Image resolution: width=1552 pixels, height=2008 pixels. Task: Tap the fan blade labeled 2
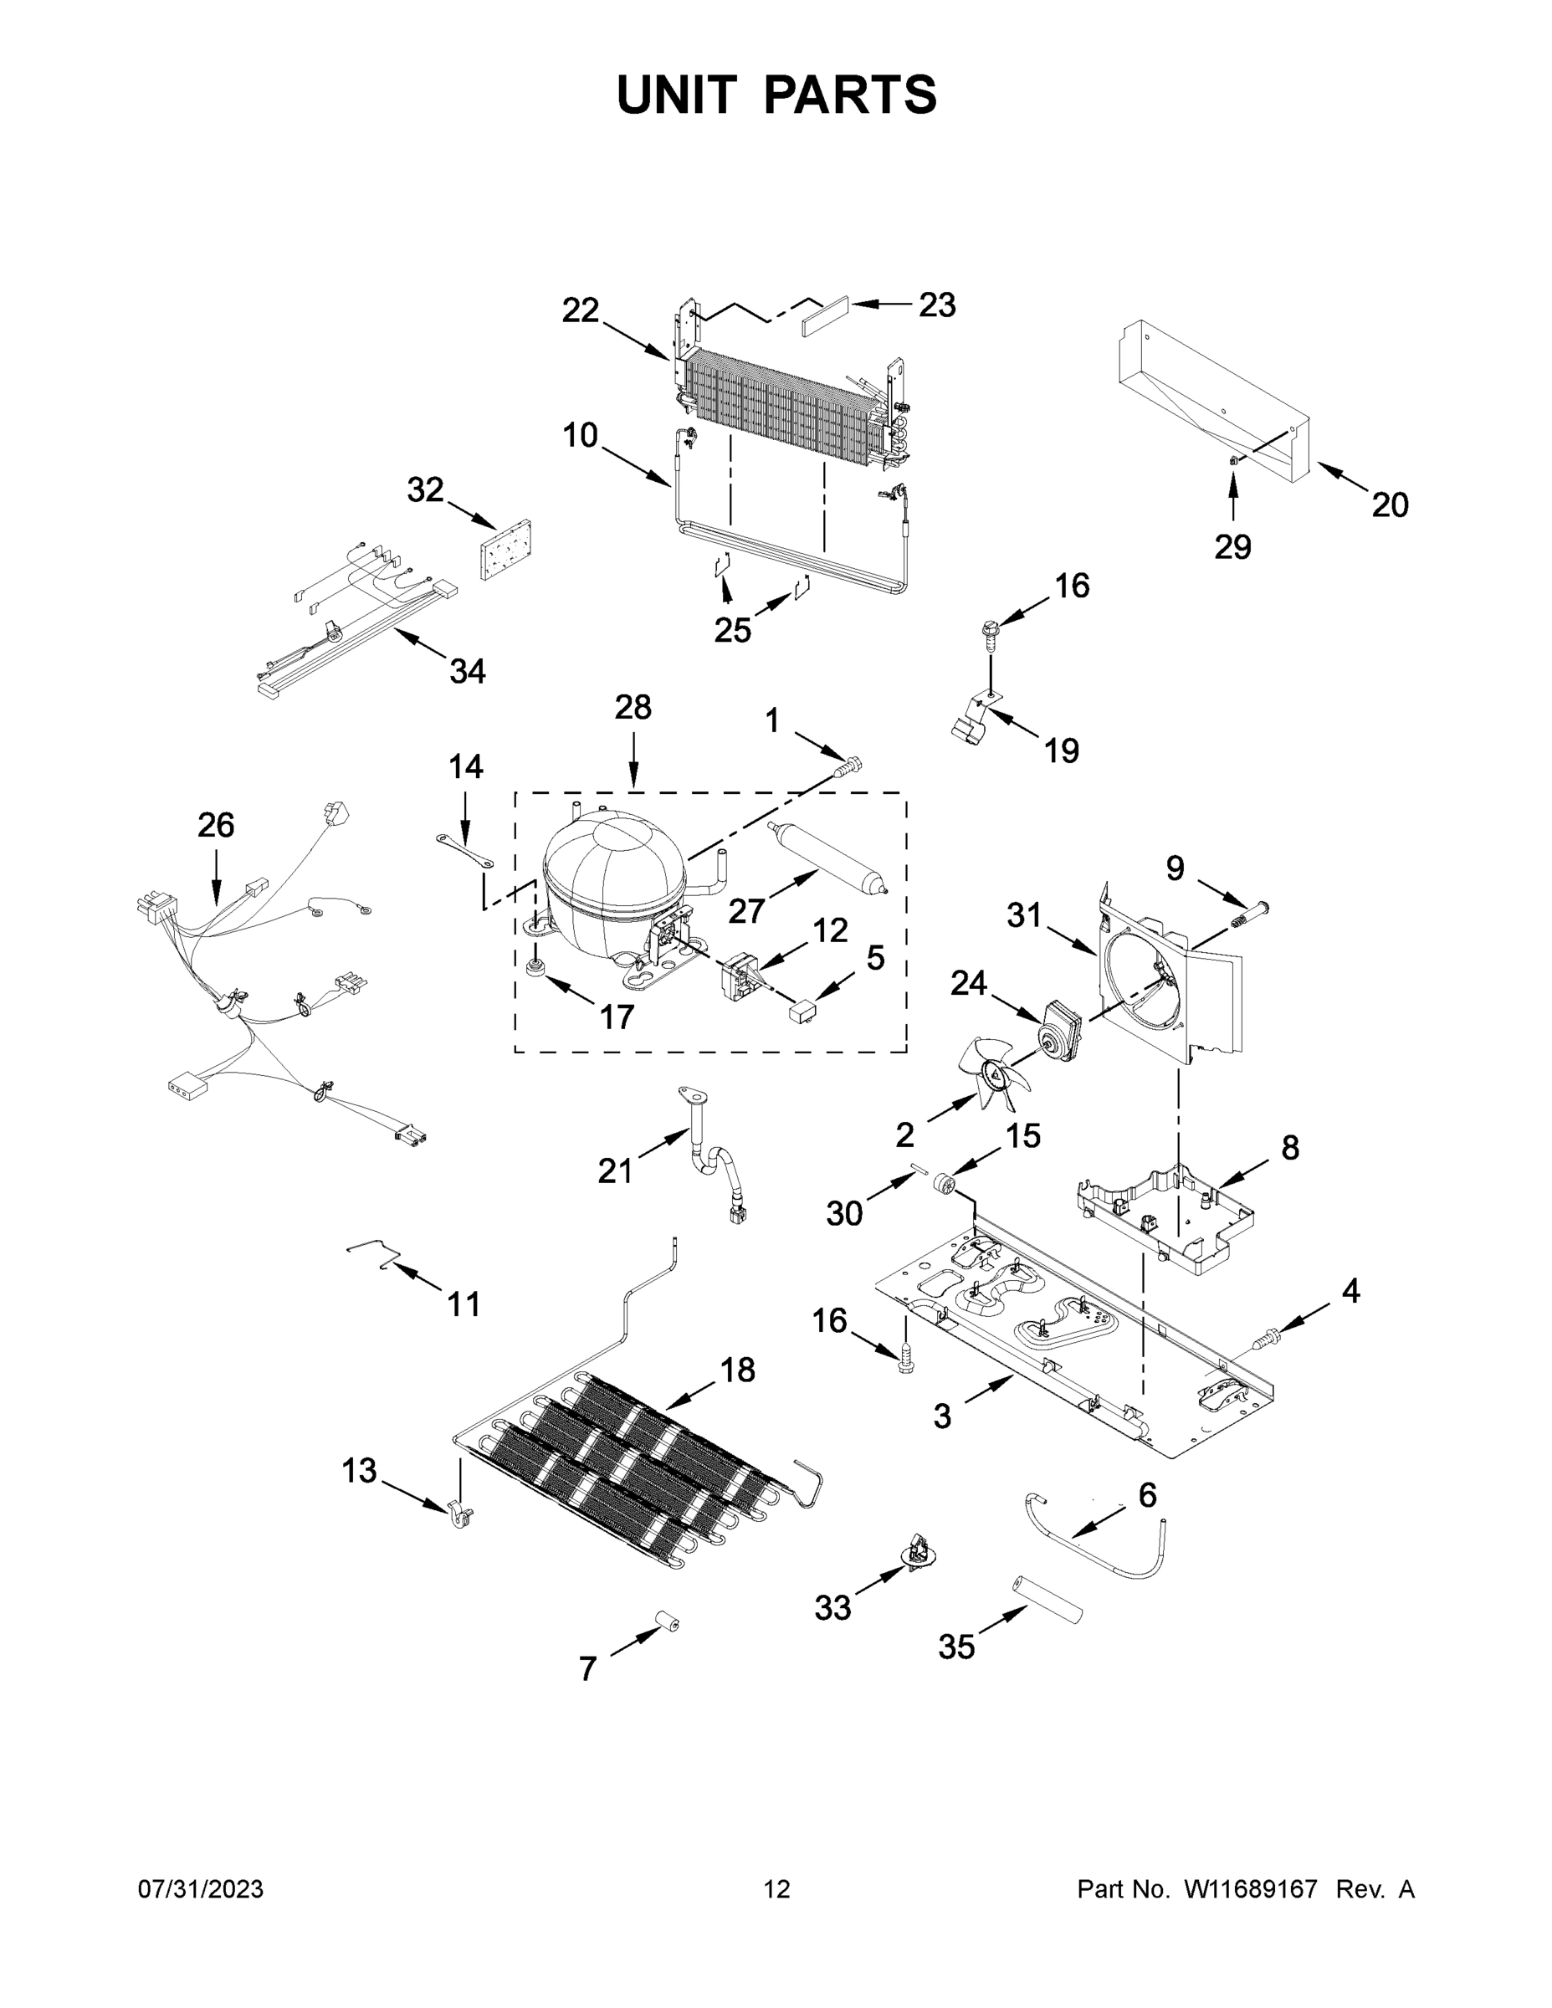tap(997, 1071)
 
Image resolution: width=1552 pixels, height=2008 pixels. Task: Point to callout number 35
tap(956, 1647)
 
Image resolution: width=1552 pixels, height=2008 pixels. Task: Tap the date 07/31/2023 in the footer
tap(201, 1889)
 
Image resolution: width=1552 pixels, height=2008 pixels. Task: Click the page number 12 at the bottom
tap(777, 1889)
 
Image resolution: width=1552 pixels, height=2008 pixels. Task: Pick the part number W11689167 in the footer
tap(1251, 1889)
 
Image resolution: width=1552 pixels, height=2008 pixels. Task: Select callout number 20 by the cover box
tap(1389, 505)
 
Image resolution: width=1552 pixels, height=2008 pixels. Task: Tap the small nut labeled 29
tap(1234, 459)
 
